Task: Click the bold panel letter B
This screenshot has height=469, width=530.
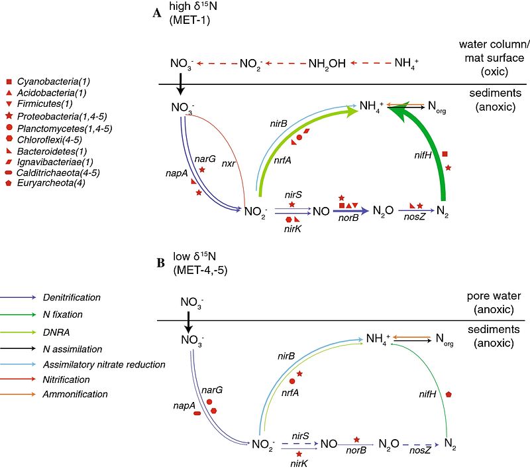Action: coord(160,262)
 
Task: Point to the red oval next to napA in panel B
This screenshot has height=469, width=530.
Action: coord(197,413)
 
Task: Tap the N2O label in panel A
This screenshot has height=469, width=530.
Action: coord(383,210)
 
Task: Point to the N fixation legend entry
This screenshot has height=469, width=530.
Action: coord(64,314)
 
